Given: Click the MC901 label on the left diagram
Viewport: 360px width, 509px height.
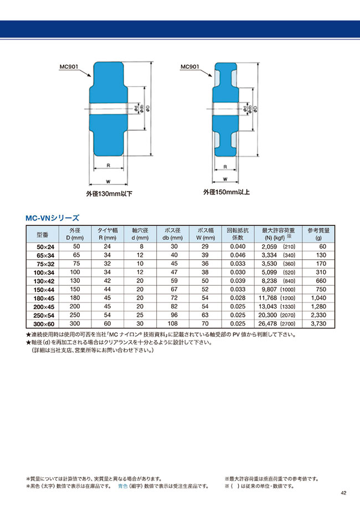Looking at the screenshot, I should point(70,68).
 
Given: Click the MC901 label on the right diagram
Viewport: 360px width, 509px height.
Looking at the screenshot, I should point(190,68).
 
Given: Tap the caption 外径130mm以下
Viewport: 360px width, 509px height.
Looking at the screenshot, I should point(109,194).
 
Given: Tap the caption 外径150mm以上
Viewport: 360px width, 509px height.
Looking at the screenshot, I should point(226,192).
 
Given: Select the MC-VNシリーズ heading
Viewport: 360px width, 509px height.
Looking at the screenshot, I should point(53,218).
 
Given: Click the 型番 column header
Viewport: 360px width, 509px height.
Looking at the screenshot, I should point(43,234).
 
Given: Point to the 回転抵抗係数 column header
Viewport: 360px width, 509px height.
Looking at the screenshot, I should point(237,234).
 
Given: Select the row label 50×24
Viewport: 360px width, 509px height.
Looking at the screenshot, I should point(43,246).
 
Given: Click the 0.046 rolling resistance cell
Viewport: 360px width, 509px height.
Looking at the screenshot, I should point(237,255).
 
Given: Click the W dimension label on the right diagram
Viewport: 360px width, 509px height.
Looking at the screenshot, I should point(225,179).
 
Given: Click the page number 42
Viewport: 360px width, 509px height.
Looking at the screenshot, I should point(343,493).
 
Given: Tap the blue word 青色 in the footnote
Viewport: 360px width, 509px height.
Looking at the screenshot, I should point(125,486).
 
